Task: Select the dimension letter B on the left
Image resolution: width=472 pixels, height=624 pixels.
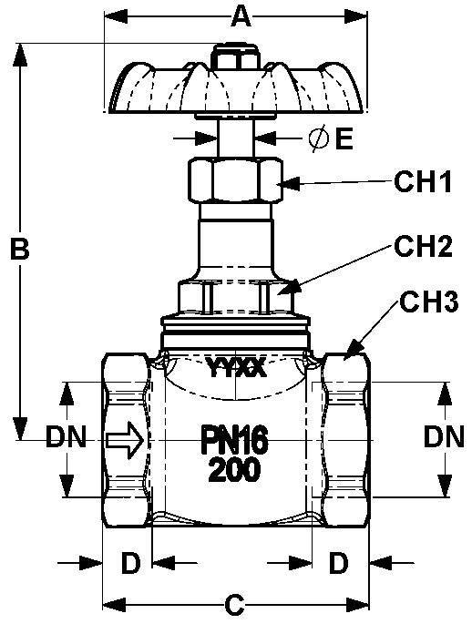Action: pos(19,249)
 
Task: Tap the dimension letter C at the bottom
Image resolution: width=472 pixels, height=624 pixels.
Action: pos(234,605)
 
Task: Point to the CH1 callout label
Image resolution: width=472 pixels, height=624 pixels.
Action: pos(423,182)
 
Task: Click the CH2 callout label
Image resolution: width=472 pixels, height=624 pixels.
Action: pos(424,246)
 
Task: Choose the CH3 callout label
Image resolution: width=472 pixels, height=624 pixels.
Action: pos(428,302)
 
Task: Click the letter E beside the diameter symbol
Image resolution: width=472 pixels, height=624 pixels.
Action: pos(344,138)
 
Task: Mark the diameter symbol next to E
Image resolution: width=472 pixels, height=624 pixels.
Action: pos(319,138)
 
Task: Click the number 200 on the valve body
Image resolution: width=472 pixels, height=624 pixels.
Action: pos(234,470)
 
